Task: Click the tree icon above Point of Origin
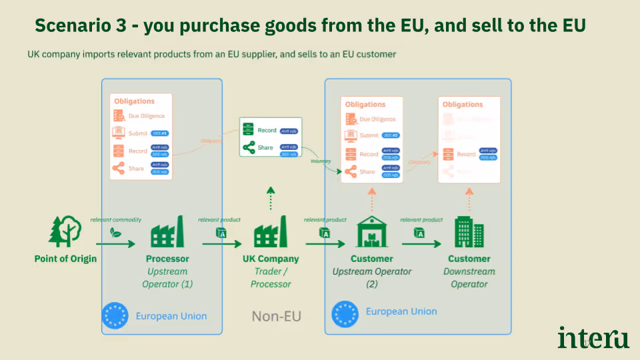(x=65, y=231)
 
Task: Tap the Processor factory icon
(x=167, y=233)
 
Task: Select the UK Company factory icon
(x=270, y=233)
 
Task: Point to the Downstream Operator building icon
(x=469, y=231)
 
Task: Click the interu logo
(x=593, y=337)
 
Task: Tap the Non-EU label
(x=276, y=315)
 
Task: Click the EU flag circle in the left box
(x=115, y=315)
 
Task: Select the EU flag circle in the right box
(x=345, y=312)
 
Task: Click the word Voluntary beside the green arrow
(x=321, y=161)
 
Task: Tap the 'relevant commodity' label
(x=116, y=219)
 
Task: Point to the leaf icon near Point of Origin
(x=115, y=233)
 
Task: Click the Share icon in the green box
(x=249, y=148)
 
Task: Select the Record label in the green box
(x=267, y=130)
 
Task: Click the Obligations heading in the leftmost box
(x=134, y=101)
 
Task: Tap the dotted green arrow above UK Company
(x=270, y=199)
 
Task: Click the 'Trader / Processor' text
(x=271, y=278)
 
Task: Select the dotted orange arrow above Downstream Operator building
(x=469, y=199)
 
